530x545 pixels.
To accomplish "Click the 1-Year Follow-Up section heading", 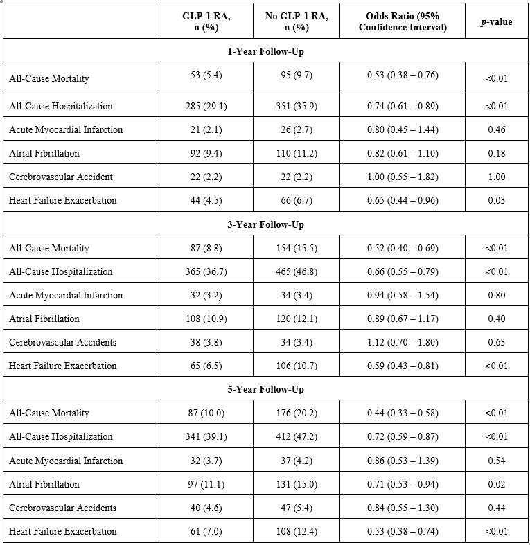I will (265, 51).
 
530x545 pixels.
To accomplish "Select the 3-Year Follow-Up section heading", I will (265, 224).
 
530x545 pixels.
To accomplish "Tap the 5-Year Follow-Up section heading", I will (265, 389).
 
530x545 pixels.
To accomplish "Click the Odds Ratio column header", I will (403, 22).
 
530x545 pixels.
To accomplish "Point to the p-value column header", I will (496, 22).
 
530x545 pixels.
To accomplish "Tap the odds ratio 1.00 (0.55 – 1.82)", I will (403, 177).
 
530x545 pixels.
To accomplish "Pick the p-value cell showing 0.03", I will (496, 200).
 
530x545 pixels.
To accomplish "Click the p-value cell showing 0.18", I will (496, 153).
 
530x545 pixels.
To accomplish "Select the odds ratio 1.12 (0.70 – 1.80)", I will (403, 342).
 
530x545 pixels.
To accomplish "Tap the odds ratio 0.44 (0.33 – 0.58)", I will (403, 413).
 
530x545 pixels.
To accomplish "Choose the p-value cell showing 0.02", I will (496, 484).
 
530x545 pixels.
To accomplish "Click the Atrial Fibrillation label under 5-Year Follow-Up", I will (44, 484).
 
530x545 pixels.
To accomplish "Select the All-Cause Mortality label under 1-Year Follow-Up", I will (49, 78).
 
